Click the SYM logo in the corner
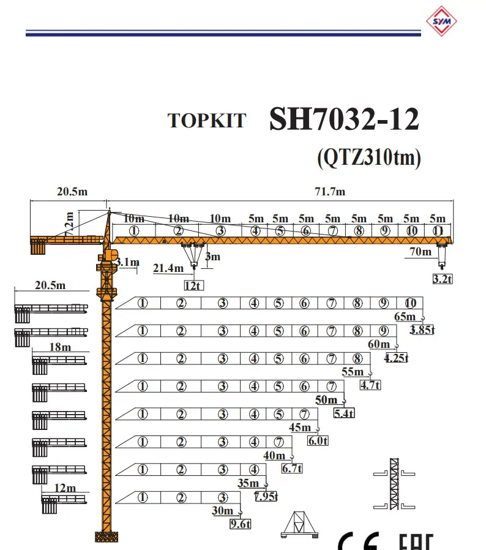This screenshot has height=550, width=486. click(x=441, y=21)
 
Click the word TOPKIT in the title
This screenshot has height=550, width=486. click(x=207, y=121)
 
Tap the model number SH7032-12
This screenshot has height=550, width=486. click(x=344, y=119)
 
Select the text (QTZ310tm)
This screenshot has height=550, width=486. click(x=369, y=157)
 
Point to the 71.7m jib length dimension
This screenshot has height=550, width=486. click(x=330, y=192)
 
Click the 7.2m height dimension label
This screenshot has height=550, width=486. click(x=69, y=224)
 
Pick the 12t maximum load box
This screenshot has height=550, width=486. click(x=193, y=285)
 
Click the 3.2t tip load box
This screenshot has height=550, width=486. click(x=443, y=279)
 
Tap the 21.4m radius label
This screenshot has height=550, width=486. click(x=168, y=268)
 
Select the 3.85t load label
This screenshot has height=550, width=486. click(x=422, y=330)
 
